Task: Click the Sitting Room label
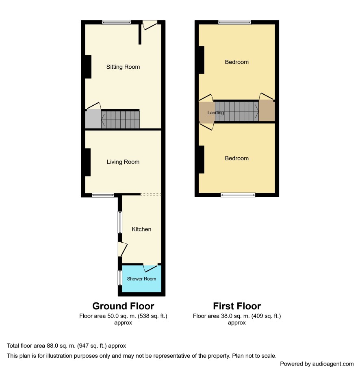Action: click(x=123, y=67)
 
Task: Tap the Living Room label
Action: click(x=123, y=162)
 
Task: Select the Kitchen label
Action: click(x=141, y=229)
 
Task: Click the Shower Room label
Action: click(x=141, y=279)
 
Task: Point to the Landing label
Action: click(x=215, y=113)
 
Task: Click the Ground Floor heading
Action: click(x=123, y=306)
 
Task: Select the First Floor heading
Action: click(x=236, y=306)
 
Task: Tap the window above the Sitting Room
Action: click(x=117, y=22)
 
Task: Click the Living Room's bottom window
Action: click(x=103, y=195)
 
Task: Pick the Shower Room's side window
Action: click(x=120, y=278)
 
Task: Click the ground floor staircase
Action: click(x=121, y=120)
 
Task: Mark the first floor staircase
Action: click(x=236, y=111)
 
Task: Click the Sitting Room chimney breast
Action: click(x=88, y=67)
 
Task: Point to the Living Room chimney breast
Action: click(x=87, y=162)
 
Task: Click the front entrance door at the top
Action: click(x=150, y=25)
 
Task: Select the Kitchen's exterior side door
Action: click(x=123, y=249)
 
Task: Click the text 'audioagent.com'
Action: click(x=333, y=364)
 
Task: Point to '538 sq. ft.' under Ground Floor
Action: click(x=152, y=316)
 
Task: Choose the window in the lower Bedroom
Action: click(x=238, y=195)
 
